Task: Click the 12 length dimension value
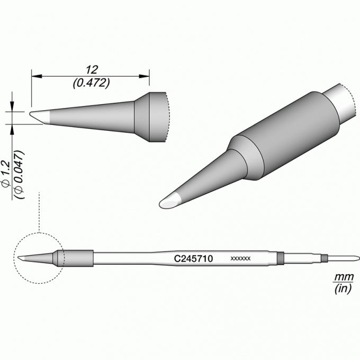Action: point(92,69)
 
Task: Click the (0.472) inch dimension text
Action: point(91,83)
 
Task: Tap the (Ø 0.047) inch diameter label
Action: point(19,175)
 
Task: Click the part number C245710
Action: point(194,259)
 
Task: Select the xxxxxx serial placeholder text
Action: point(240,259)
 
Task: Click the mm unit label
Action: point(344,277)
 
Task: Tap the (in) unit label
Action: point(343,289)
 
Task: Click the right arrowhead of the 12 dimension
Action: point(144,76)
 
